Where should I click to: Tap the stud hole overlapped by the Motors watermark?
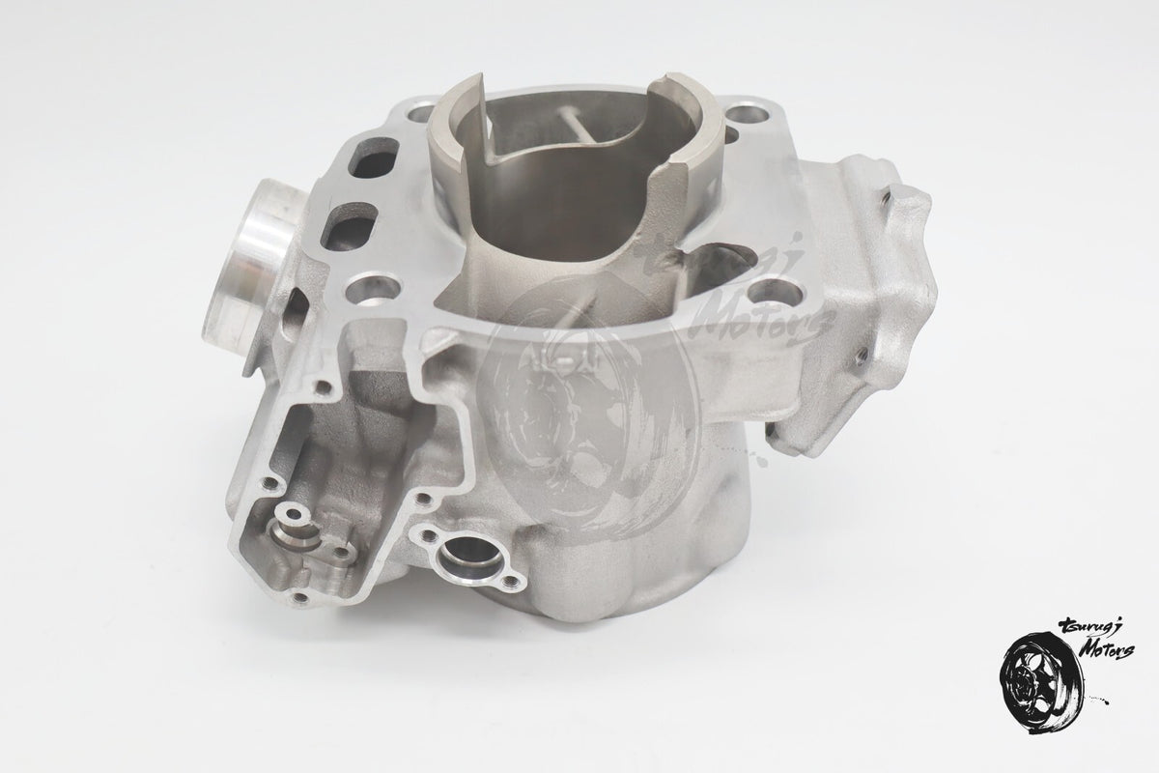coord(777,294)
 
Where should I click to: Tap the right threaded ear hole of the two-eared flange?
coord(512,582)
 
